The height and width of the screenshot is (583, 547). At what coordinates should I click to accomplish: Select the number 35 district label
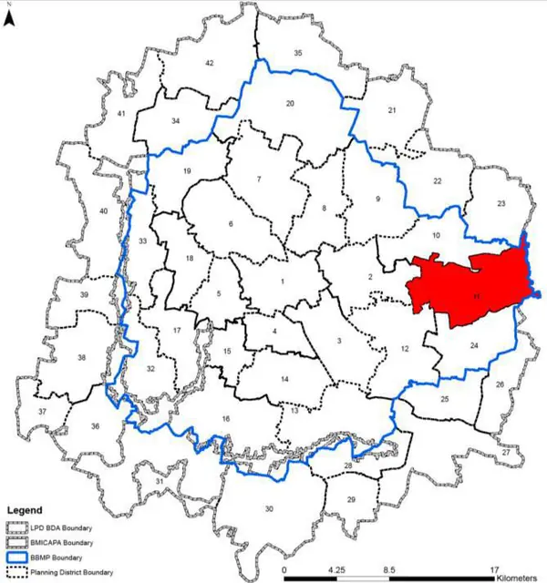point(297,54)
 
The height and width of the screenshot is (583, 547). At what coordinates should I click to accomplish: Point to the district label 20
point(290,104)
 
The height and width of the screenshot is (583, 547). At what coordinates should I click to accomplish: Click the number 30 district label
point(268,508)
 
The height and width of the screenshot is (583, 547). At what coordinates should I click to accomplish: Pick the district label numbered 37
point(41,413)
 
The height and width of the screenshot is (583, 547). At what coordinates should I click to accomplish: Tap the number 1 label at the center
point(283,281)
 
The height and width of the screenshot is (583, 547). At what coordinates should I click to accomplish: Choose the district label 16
point(226,418)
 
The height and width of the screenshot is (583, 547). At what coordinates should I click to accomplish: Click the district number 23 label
point(501,203)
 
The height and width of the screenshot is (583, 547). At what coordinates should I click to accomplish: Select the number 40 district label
point(103,211)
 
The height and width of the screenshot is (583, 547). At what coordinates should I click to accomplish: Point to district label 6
point(231,224)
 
